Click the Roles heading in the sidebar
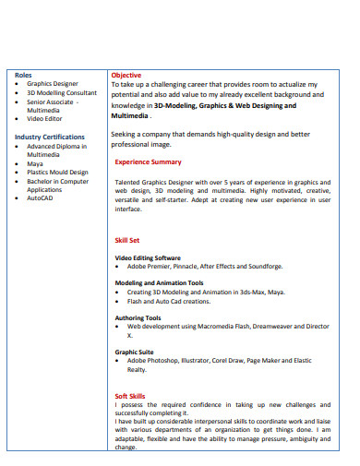coord(23,75)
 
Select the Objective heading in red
coord(126,75)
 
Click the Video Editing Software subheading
coord(148,257)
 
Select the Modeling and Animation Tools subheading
coord(159,282)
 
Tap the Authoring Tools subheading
coord(138,317)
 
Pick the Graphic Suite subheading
coord(134,352)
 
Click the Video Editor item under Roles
coord(45,119)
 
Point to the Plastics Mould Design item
coord(57,172)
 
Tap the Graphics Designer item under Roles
coord(53,84)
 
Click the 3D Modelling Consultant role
coord(61,93)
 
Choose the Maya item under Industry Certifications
coord(35,163)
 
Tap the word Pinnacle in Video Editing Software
coord(183,266)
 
